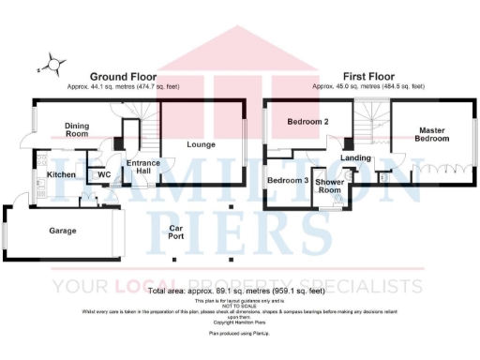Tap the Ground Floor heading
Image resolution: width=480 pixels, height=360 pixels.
(x=123, y=76)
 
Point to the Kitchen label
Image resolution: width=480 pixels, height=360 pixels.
(x=61, y=174)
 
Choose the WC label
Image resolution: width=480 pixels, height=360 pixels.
(x=104, y=174)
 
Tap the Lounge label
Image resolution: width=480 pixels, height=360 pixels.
(x=201, y=144)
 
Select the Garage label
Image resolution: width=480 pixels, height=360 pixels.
(x=63, y=230)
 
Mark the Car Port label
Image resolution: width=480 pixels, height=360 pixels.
(x=175, y=232)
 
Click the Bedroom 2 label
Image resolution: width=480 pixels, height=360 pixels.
(x=307, y=123)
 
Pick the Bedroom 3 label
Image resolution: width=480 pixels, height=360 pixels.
(x=287, y=180)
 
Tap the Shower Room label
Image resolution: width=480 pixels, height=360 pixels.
(x=329, y=185)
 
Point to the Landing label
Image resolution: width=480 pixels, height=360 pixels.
(x=356, y=157)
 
